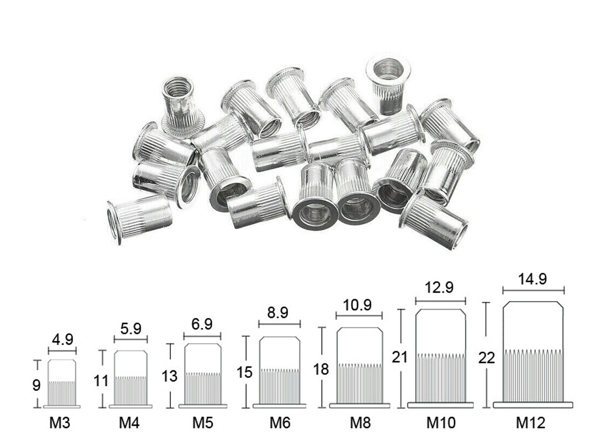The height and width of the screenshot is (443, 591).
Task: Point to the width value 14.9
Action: pyautogui.click(x=532, y=279)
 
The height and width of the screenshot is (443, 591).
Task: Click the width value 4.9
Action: pyautogui.click(x=63, y=340)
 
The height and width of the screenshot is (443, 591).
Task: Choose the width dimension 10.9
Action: pyautogui.click(x=357, y=305)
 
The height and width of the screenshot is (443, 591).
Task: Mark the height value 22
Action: pyautogui.click(x=487, y=358)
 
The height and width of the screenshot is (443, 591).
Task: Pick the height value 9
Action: pyautogui.click(x=36, y=386)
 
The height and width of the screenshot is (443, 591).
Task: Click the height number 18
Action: pyautogui.click(x=321, y=369)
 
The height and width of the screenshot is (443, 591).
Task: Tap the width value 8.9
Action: pyautogui.click(x=278, y=313)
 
